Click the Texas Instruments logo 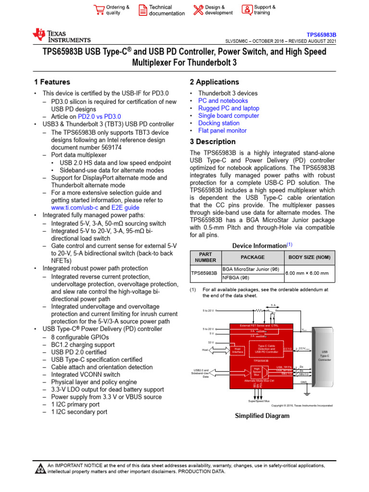point(61,36)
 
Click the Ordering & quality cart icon point(99,10)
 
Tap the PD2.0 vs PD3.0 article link point(99,116)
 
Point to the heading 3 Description point(213,142)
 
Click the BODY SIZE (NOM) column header point(309,258)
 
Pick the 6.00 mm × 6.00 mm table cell point(307,273)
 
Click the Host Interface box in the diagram point(239,351)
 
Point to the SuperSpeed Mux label point(258,401)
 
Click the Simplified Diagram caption point(262,416)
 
